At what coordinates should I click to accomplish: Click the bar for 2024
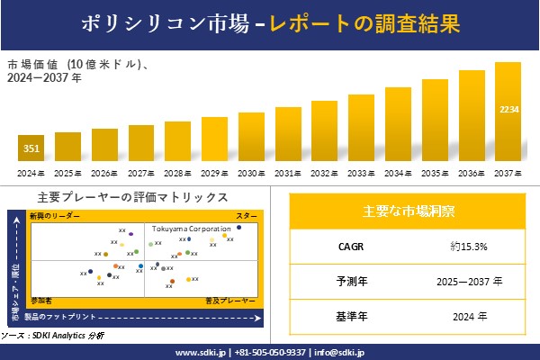(x=31, y=149)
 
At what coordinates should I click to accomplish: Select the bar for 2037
(x=508, y=112)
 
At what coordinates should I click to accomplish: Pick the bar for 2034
(x=398, y=125)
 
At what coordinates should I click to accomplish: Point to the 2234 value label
(x=508, y=109)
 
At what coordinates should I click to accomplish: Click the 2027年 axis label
(x=141, y=173)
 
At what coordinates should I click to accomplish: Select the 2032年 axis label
(x=325, y=173)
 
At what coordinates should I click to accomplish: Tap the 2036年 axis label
(x=472, y=173)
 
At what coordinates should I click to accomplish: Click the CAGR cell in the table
(x=347, y=246)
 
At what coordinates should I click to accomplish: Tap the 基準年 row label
(x=347, y=316)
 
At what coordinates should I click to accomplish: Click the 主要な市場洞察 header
(x=408, y=211)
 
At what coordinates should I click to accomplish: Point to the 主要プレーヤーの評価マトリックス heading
(x=132, y=197)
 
